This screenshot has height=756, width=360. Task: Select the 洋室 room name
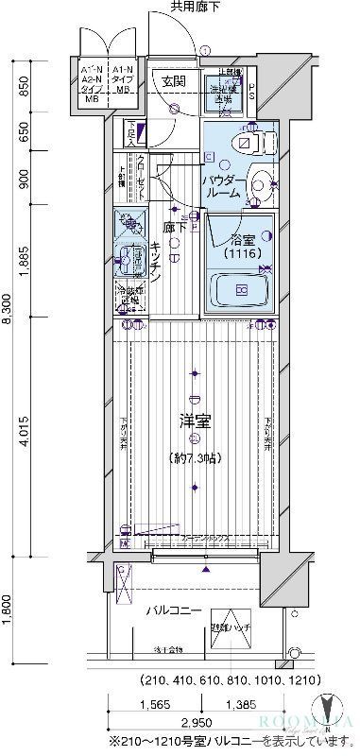click(x=194, y=421)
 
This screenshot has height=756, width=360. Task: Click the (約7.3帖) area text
click(x=195, y=459)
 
